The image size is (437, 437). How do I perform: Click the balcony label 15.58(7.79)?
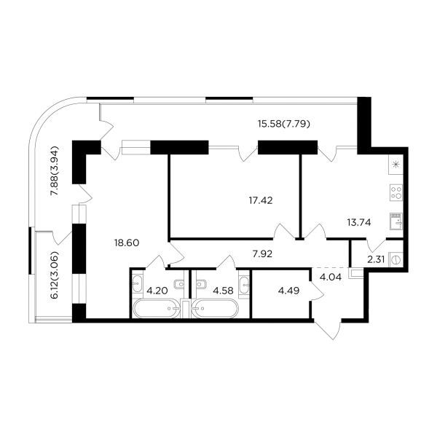pos(284,124)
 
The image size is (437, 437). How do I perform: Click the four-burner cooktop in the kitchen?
pos(396,193)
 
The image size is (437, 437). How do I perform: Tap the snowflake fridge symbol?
pos(396,165)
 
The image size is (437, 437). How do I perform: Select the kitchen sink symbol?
pos(396,219)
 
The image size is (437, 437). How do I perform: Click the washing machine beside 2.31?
pos(395,258)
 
